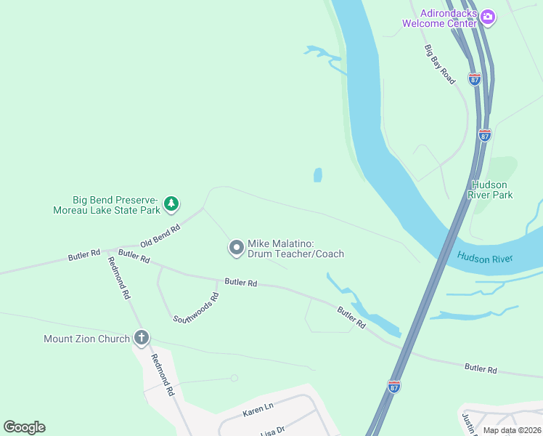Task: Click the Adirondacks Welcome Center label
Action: pyautogui.click(x=440, y=17)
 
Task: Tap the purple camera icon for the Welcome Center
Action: pyautogui.click(x=488, y=17)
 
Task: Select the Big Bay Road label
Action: pyautogui.click(x=440, y=64)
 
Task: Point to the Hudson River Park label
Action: pyautogui.click(x=491, y=190)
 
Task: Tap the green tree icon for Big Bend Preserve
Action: pyautogui.click(x=171, y=204)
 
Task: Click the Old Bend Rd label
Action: pyautogui.click(x=160, y=235)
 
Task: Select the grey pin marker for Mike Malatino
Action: pyautogui.click(x=236, y=249)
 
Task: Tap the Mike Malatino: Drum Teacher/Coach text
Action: pyautogui.click(x=295, y=249)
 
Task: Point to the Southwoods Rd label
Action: pyautogui.click(x=196, y=308)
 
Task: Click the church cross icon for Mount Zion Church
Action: pyautogui.click(x=142, y=338)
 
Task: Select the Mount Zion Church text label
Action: pyautogui.click(x=86, y=339)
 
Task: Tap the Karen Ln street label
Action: pyautogui.click(x=258, y=411)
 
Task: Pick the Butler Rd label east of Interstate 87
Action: pyautogui.click(x=481, y=369)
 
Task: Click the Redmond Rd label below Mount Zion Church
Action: pyautogui.click(x=163, y=374)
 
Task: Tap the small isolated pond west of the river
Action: pyautogui.click(x=317, y=175)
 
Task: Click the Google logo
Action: pyautogui.click(x=24, y=427)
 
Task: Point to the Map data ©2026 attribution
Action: pyautogui.click(x=511, y=430)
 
